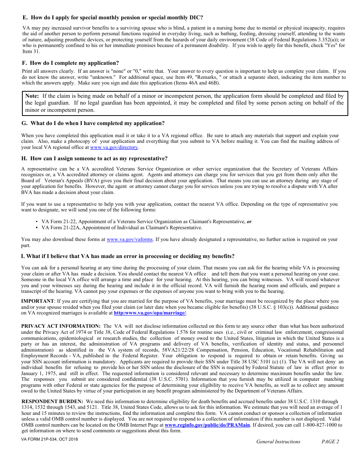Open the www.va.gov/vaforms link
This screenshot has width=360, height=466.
(130, 239)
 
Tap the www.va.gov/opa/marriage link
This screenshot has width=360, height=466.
(150, 313)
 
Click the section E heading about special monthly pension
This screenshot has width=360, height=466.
(113, 17)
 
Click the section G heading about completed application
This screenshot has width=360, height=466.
(93, 123)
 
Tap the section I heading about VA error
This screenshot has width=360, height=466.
(128, 256)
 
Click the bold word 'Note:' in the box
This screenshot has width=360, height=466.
(32, 96)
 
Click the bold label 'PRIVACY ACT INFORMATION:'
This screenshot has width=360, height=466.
(61, 326)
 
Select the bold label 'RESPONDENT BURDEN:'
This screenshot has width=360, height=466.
(52, 401)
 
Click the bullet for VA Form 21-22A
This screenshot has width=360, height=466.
(37, 228)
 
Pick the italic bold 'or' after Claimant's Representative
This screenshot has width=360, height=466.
(249, 222)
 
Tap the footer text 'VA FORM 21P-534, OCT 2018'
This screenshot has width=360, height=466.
(50, 439)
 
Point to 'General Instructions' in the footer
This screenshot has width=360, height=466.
(278, 441)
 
